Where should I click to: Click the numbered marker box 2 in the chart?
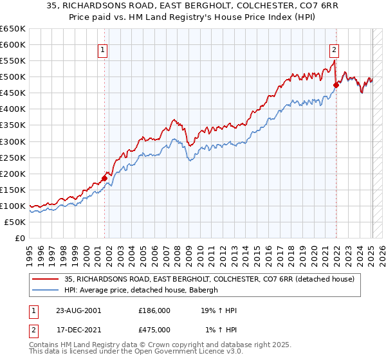(335, 48)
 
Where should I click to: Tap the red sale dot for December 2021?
(336, 84)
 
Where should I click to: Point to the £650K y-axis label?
(13, 29)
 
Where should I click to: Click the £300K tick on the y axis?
(13, 141)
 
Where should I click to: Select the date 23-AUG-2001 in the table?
(78, 310)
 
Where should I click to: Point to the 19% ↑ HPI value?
(221, 310)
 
